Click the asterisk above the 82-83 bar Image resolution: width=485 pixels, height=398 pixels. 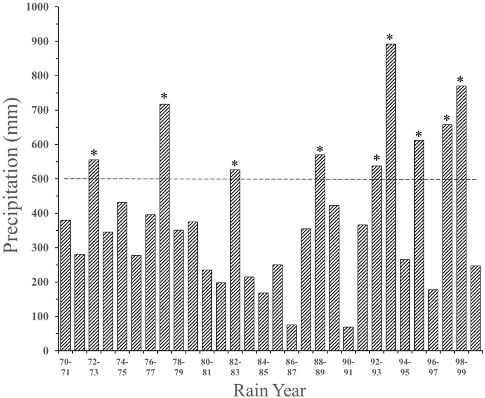(235, 164)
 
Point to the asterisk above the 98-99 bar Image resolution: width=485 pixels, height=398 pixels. (461, 80)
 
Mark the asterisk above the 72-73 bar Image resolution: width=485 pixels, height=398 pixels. (94, 154)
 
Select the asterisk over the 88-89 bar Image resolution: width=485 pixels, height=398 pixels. (320, 149)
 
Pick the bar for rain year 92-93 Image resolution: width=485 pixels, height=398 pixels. (376, 258)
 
